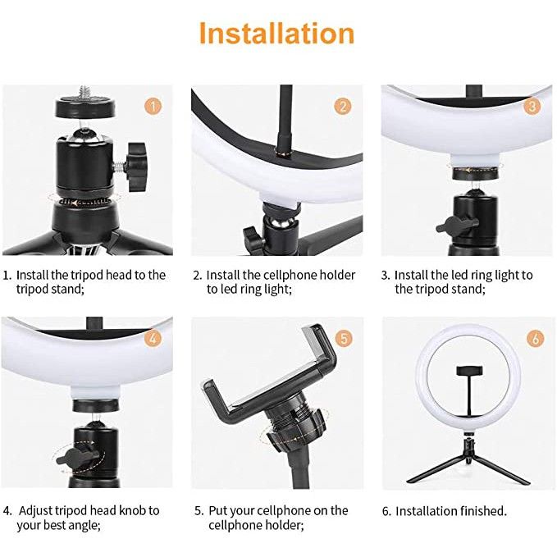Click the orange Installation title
pyautogui.click(x=277, y=34)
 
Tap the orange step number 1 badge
pyautogui.click(x=153, y=106)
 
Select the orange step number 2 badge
pyautogui.click(x=343, y=106)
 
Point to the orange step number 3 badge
pyautogui.click(x=532, y=106)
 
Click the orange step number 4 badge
pyautogui.click(x=153, y=338)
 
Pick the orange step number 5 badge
pyautogui.click(x=344, y=338)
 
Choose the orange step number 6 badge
pyautogui.click(x=536, y=338)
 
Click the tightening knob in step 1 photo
pyautogui.click(x=137, y=167)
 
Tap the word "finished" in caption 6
pyautogui.click(x=483, y=511)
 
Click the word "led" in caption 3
pyautogui.click(x=459, y=276)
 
